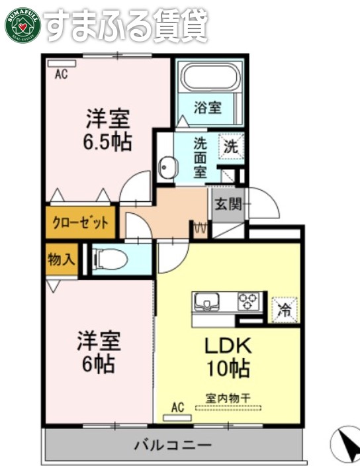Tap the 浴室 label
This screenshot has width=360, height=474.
pos(207,107)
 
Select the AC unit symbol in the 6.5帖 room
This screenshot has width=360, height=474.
pos(62,64)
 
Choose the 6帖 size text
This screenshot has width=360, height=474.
pos(97,363)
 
